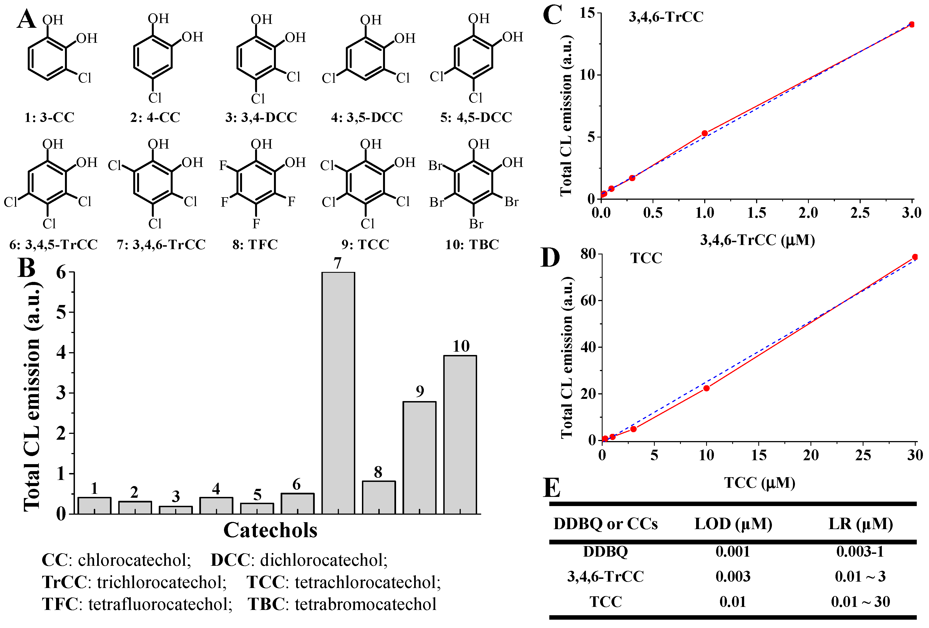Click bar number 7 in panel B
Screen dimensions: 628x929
pyautogui.click(x=338, y=392)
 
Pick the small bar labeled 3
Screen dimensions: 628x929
pyautogui.click(x=175, y=510)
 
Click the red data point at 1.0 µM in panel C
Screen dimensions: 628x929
pyautogui.click(x=704, y=133)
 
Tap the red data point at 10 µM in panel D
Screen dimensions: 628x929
pyautogui.click(x=706, y=388)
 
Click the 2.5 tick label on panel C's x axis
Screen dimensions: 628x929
pyautogui.click(x=860, y=213)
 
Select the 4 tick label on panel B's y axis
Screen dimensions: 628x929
pyautogui.click(x=61, y=353)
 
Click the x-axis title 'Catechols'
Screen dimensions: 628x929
pyautogui.click(x=270, y=531)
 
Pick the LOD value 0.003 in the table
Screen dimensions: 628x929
pyautogui.click(x=733, y=576)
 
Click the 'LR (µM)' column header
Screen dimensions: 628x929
pyautogui.click(x=860, y=524)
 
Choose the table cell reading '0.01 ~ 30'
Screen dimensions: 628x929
pyautogui.click(x=860, y=602)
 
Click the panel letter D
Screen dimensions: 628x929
pyautogui.click(x=550, y=257)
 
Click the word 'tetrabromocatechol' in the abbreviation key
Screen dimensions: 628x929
pyautogui.click(x=365, y=604)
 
